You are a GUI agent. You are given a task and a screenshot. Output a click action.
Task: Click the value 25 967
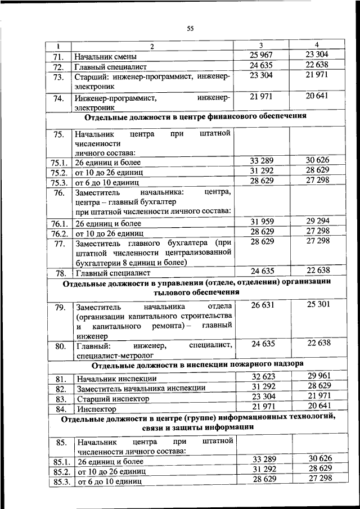click(x=261, y=55)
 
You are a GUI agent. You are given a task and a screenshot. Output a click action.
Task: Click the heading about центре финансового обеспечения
click(x=195, y=117)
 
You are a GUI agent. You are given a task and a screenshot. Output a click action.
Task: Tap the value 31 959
click(x=261, y=220)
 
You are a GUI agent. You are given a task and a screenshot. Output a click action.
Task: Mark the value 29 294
click(x=318, y=220)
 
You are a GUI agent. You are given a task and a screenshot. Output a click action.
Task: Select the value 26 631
click(x=261, y=304)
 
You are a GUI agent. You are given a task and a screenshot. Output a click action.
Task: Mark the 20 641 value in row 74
click(x=318, y=97)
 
